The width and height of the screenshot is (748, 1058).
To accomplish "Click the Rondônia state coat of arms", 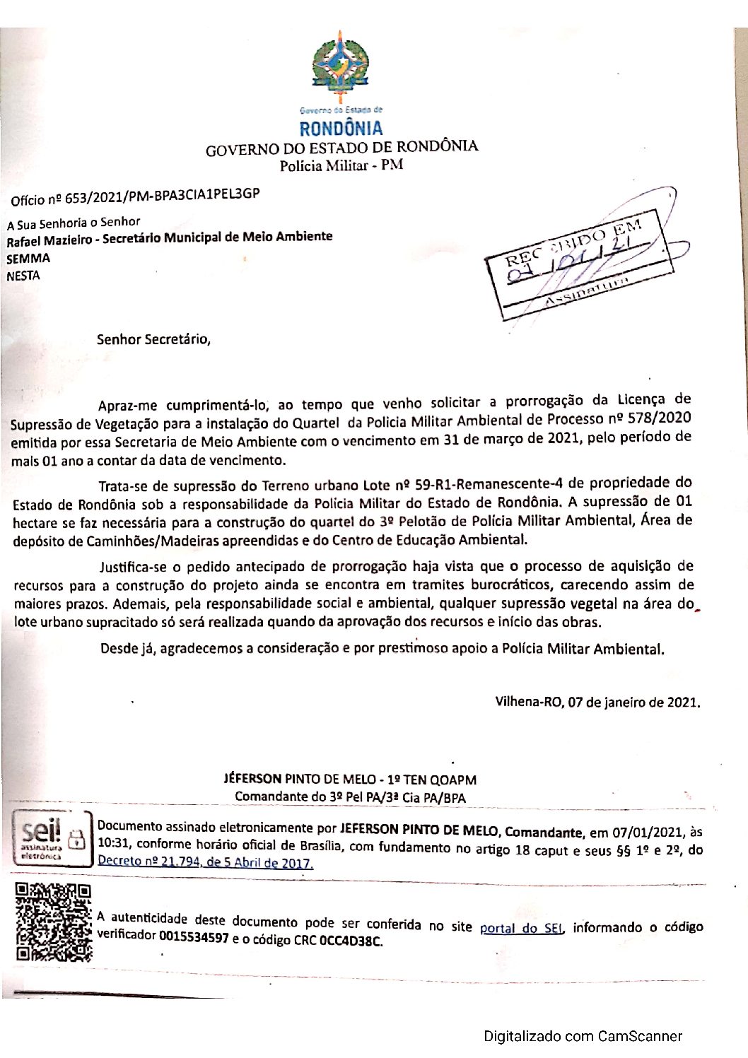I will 340,67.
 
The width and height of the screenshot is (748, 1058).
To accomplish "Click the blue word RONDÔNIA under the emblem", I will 340,129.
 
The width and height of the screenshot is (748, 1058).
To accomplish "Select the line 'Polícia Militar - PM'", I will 341,166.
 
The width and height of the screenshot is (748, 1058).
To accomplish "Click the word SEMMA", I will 28,259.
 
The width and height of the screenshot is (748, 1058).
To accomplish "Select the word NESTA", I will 23,276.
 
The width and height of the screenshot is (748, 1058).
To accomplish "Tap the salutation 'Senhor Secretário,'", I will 153,339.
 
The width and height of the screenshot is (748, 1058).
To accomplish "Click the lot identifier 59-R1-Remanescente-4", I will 489,485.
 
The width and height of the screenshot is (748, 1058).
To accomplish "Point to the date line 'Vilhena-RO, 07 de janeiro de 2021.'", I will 597,703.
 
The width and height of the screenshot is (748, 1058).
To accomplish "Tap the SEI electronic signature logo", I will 53,839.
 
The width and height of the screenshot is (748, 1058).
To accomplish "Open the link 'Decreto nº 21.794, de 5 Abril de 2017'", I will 205,862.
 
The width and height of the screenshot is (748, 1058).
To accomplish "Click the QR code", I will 54,922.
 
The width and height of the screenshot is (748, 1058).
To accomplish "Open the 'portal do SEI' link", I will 521,929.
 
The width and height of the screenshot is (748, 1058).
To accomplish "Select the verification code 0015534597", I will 194,938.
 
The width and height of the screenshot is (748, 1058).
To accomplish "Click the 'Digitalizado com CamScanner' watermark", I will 583,1037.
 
